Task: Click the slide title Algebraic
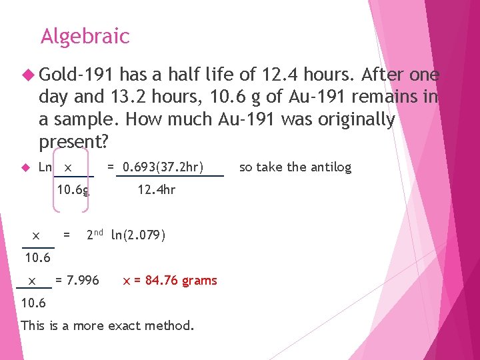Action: coord(85,36)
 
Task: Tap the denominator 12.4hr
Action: coord(156,190)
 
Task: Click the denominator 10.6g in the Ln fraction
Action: coord(73,190)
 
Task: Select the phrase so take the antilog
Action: coord(295,167)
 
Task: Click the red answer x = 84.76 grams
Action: coord(170,281)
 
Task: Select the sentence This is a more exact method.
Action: coord(108,326)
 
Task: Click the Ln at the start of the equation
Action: coord(45,167)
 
